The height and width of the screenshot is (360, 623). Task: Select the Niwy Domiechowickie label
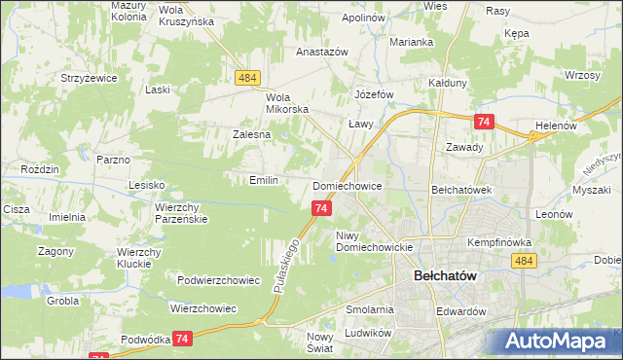click(x=376, y=240)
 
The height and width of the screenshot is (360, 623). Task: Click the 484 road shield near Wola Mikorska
click(x=246, y=77)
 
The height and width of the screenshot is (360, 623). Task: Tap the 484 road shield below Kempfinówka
click(x=525, y=261)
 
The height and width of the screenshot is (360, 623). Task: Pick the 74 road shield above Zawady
click(x=484, y=122)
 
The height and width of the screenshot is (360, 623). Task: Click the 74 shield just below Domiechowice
click(x=322, y=207)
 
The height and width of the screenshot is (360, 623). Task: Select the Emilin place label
click(x=264, y=180)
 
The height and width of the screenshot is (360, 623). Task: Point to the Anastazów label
click(x=295, y=53)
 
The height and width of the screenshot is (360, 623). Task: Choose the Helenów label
click(x=557, y=126)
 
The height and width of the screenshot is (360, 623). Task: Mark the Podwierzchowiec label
click(x=219, y=280)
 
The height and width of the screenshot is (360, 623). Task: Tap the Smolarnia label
click(x=369, y=309)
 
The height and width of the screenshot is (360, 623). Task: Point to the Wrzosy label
click(x=581, y=75)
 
